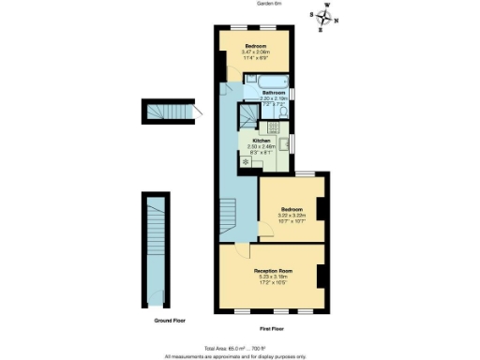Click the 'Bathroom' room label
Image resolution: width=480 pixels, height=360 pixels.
(274, 93)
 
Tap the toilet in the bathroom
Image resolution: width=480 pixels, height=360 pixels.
(284, 113)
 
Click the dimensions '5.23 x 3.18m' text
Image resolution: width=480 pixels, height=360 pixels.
(268, 277)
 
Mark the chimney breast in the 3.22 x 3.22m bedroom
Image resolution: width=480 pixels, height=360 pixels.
(322, 211)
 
